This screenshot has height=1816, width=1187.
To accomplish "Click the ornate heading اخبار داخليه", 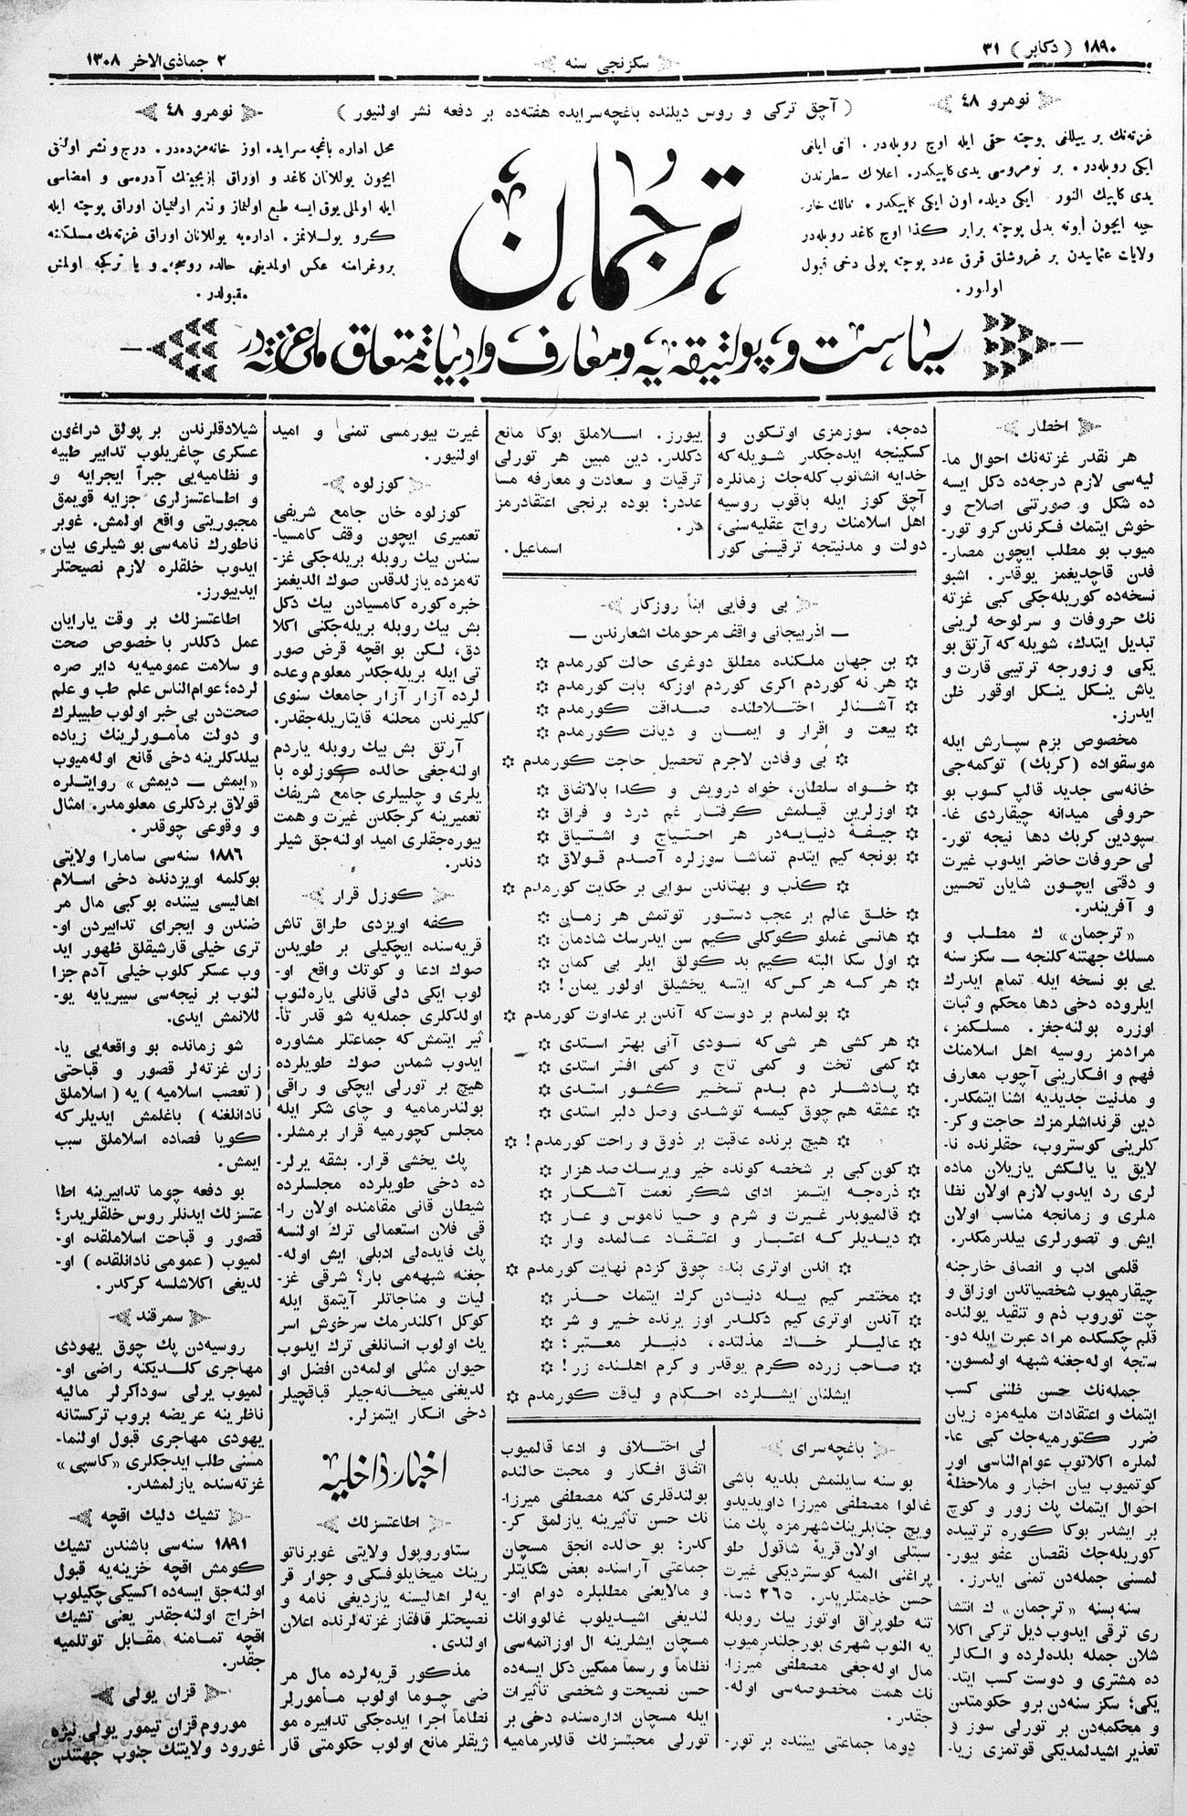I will (378, 1470).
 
